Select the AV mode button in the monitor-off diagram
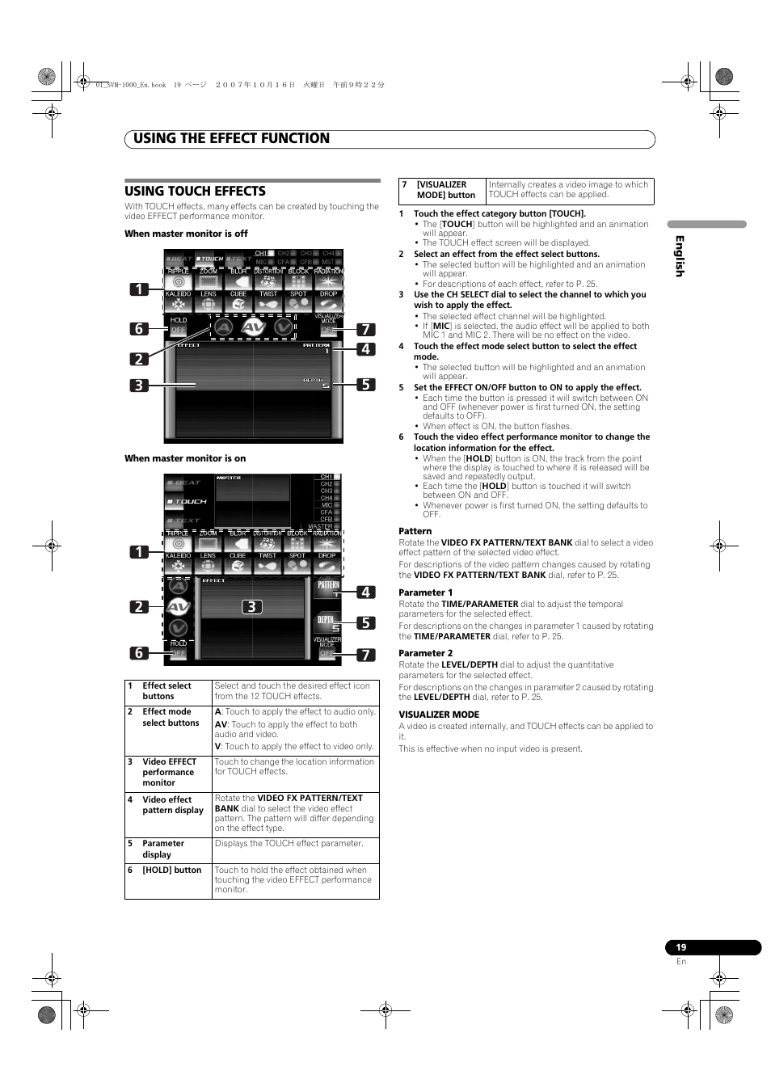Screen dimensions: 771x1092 pos(253,327)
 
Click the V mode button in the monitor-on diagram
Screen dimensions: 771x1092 pos(179,627)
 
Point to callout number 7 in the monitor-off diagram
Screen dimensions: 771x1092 pos(365,329)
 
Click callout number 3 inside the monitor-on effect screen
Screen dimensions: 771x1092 pos(252,606)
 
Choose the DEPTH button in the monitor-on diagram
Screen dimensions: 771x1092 pos(327,623)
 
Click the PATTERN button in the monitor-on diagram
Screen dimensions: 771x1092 pos(327,588)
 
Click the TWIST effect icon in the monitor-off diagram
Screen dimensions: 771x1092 pos(268,302)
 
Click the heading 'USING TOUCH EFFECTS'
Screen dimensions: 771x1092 pos(195,192)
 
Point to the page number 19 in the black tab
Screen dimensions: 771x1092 pos(681,947)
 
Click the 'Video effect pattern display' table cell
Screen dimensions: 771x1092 pos(168,805)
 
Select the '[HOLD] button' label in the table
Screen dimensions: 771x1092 pos(171,871)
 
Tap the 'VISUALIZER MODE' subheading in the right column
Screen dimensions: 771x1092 pos(439,715)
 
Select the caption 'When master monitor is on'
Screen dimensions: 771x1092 pos(185,458)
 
